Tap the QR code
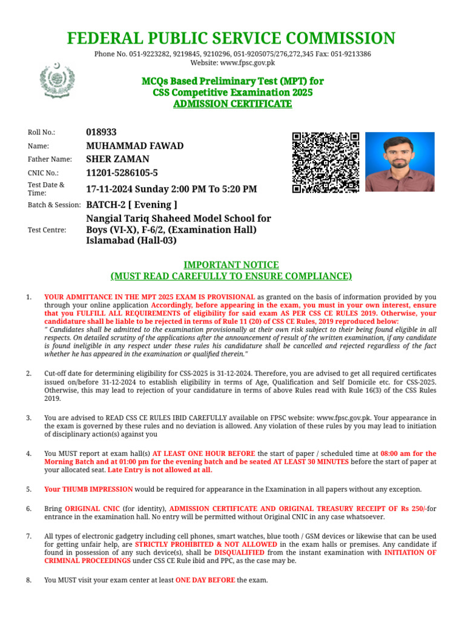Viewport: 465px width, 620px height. pyautogui.click(x=325, y=162)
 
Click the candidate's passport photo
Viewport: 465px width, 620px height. pyautogui.click(x=400, y=162)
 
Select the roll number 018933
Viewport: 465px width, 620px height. pyautogui.click(x=102, y=132)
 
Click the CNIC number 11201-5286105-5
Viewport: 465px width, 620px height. pyautogui.click(x=122, y=174)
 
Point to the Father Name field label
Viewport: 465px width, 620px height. pyautogui.click(x=50, y=159)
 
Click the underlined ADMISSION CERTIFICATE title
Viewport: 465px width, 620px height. pyautogui.click(x=232, y=104)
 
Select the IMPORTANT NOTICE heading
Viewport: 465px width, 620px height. pyautogui.click(x=231, y=265)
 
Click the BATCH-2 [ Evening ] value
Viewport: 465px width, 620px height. pyautogui.click(x=132, y=205)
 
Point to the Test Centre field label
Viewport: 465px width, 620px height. pyautogui.click(x=47, y=230)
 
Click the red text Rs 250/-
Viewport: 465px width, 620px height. pyautogui.click(x=412, y=509)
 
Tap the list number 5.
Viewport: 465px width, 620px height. pyautogui.click(x=28, y=489)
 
